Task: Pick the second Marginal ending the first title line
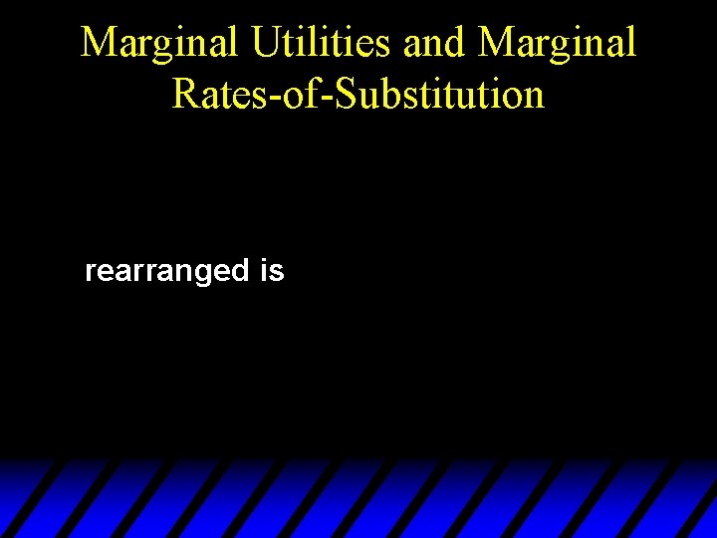557,43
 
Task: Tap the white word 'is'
271,270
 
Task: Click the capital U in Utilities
266,43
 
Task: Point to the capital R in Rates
184,94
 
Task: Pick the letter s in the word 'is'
277,271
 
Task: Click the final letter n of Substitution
534,96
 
